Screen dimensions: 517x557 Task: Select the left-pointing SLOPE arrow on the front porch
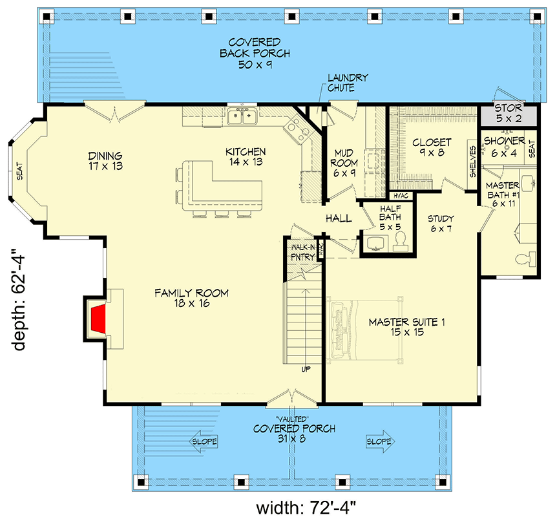pyautogui.click(x=204, y=442)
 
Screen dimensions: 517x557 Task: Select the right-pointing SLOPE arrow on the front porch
pyautogui.click(x=379, y=442)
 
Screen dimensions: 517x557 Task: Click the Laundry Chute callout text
pyautogui.click(x=347, y=83)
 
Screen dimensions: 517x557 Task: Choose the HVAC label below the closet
pyautogui.click(x=399, y=195)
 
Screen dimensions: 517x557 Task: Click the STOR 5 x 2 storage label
pyautogui.click(x=509, y=112)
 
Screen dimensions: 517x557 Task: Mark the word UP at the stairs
pyautogui.click(x=306, y=370)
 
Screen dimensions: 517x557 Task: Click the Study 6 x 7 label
pyautogui.click(x=441, y=224)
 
